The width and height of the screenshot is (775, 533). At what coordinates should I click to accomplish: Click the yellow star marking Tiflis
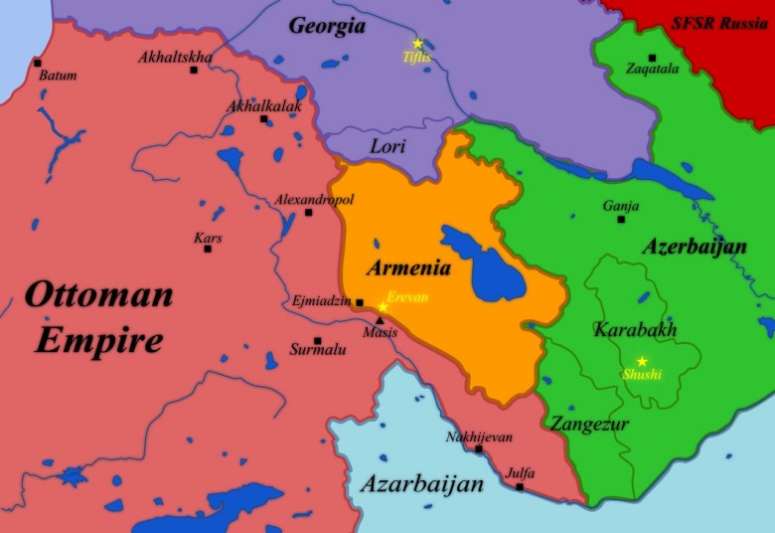(x=417, y=43)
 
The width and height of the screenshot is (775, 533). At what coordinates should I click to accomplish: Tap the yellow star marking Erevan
(x=383, y=306)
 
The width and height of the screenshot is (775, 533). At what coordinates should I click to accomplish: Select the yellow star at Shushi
(x=642, y=361)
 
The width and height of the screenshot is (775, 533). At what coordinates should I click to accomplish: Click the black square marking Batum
(x=38, y=63)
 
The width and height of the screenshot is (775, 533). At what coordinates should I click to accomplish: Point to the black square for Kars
(x=208, y=249)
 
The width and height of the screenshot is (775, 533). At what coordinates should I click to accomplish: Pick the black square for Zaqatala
(x=652, y=58)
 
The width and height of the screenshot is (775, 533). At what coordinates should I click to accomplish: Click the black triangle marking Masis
(x=380, y=321)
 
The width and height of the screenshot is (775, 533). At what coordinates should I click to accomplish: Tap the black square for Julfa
(x=520, y=486)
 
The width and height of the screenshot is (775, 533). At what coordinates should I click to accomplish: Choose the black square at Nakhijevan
(x=479, y=449)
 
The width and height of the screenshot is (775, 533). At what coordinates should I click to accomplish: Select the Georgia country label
(x=327, y=26)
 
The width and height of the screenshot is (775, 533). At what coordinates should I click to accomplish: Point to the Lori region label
(x=387, y=146)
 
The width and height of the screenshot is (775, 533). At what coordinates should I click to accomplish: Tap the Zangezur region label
(x=590, y=424)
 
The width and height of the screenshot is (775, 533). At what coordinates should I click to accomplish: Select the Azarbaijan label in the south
(x=421, y=484)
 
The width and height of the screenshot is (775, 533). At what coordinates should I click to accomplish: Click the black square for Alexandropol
(x=308, y=212)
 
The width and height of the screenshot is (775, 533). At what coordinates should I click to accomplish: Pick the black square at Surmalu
(x=317, y=340)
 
